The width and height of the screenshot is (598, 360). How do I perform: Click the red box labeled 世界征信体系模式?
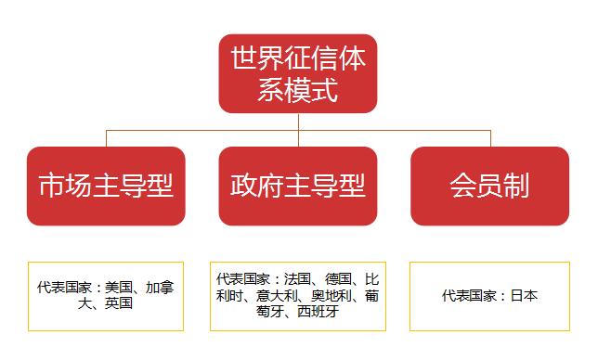(298, 74)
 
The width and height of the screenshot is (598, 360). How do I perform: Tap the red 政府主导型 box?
(298, 186)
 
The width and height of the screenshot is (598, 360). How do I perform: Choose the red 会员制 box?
(489, 186)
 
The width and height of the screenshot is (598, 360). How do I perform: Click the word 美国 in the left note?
(120, 289)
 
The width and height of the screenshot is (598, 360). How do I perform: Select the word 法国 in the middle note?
(296, 277)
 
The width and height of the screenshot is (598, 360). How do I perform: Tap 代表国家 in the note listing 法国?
(240, 277)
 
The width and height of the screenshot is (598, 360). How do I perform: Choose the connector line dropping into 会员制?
(489, 138)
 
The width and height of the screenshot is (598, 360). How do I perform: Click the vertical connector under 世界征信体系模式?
(298, 122)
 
